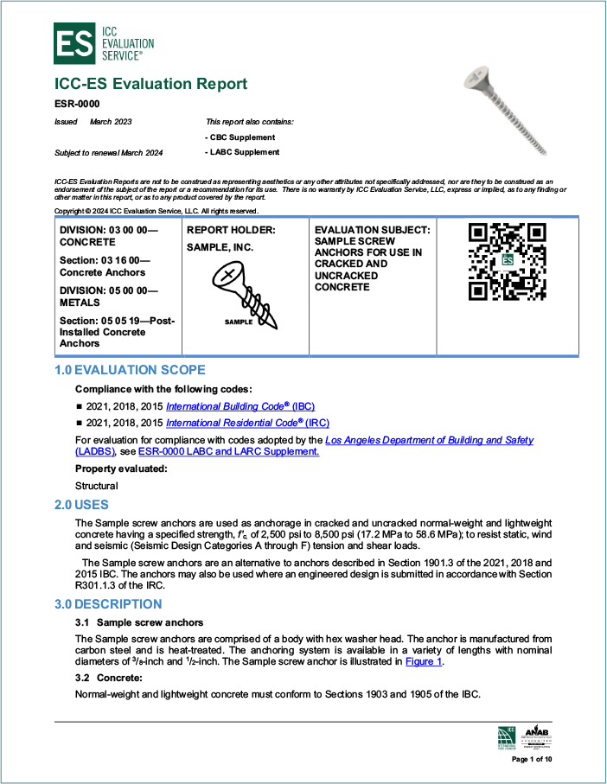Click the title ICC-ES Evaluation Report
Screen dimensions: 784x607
pyautogui.click(x=150, y=84)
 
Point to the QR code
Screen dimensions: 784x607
pyautogui.click(x=507, y=262)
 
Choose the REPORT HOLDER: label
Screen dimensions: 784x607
pyautogui.click(x=231, y=230)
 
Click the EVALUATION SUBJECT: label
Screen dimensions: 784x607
pyautogui.click(x=372, y=230)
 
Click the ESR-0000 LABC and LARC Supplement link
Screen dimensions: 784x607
pyautogui.click(x=228, y=451)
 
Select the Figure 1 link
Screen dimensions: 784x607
pyautogui.click(x=424, y=661)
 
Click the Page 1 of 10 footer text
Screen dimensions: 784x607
pyautogui.click(x=531, y=759)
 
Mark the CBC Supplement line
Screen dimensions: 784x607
pyautogui.click(x=240, y=137)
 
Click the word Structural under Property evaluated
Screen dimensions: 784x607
pyautogui.click(x=97, y=486)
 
